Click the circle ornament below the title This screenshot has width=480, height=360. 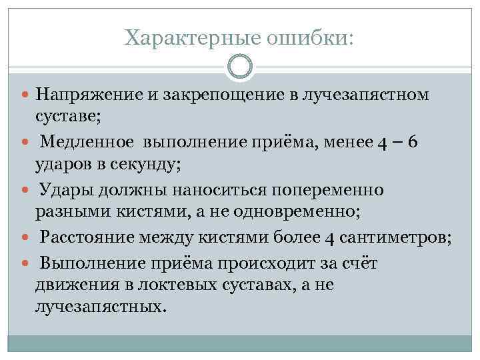pyautogui.click(x=240, y=67)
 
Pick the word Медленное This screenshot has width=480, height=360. pyautogui.click(x=87, y=143)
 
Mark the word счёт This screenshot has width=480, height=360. pyautogui.click(x=359, y=263)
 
